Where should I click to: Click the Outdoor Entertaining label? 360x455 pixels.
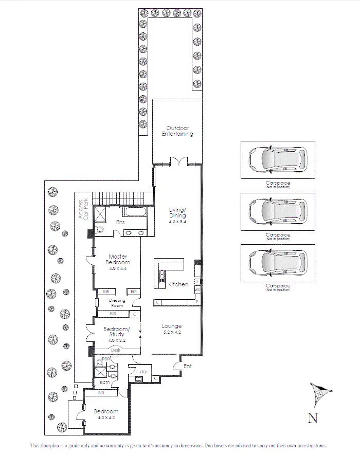pyautogui.click(x=177, y=131)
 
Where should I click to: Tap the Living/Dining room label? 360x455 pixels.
pyautogui.click(x=177, y=212)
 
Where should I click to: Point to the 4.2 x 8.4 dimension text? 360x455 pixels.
pyautogui.click(x=177, y=222)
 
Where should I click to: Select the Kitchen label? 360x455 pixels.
pyautogui.click(x=178, y=284)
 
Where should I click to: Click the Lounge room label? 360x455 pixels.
pyautogui.click(x=171, y=326)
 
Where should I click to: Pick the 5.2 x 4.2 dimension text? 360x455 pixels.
pyautogui.click(x=171, y=333)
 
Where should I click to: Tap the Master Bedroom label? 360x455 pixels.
pyautogui.click(x=118, y=259)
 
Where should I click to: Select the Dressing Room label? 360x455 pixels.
pyautogui.click(x=117, y=303)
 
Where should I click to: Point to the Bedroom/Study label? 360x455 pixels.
pyautogui.click(x=117, y=332)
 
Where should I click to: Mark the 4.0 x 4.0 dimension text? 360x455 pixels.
pyautogui.click(x=105, y=418)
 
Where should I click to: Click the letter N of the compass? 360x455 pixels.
pyautogui.click(x=312, y=418)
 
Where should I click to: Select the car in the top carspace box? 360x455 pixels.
pyautogui.click(x=277, y=160)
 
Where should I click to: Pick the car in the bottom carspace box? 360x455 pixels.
pyautogui.click(x=277, y=262)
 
